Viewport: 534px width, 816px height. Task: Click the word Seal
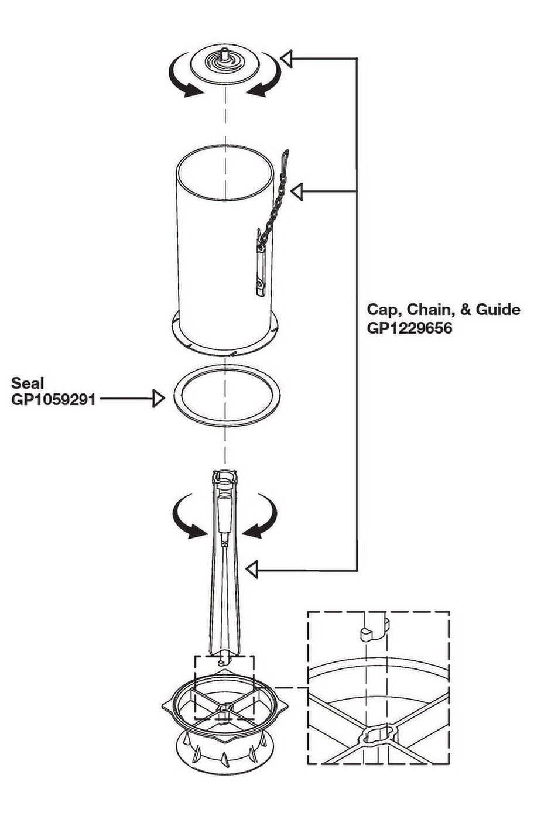[x=28, y=383]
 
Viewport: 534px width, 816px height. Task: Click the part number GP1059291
[x=53, y=400]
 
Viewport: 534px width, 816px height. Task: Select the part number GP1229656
[x=409, y=328]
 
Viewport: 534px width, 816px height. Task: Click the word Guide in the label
[x=498, y=309]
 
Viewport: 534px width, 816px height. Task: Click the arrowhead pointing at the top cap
[x=286, y=59]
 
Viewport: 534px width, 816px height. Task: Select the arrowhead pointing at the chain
[x=297, y=191]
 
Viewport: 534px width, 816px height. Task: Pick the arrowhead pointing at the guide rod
[x=252, y=568]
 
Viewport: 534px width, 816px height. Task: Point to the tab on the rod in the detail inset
[x=368, y=634]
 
